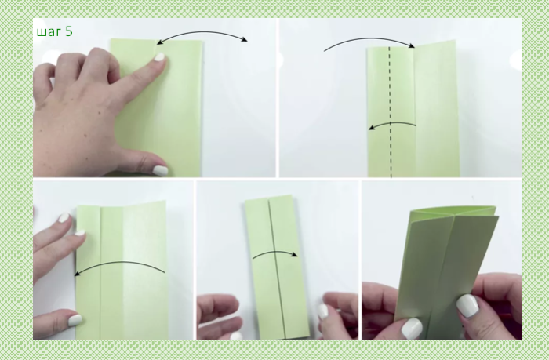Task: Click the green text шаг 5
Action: point(55,31)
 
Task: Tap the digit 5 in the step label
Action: point(69,31)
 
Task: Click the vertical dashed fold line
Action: point(390,111)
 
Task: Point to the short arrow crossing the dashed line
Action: point(391,123)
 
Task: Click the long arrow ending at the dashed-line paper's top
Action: point(369,38)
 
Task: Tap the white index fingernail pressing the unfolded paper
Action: point(160,56)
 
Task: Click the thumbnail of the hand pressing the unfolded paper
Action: point(160,170)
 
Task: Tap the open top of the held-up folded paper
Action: point(453,211)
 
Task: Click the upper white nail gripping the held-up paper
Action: point(467,305)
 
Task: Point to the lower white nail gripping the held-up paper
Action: point(412,329)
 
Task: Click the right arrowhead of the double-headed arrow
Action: point(245,39)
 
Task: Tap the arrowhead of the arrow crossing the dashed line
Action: point(372,128)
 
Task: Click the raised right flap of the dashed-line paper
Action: point(436,109)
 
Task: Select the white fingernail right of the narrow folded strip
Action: point(322,311)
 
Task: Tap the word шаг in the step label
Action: point(49,32)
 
